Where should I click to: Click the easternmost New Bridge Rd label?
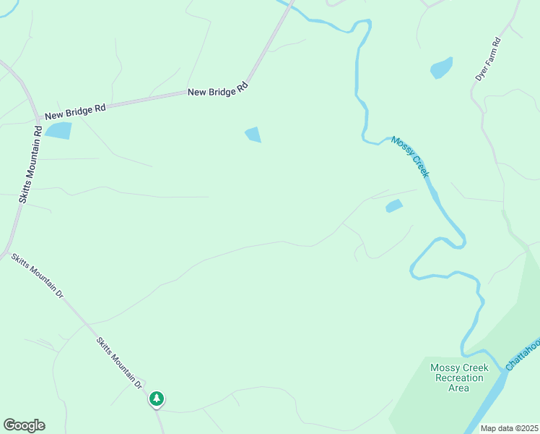click(x=217, y=91)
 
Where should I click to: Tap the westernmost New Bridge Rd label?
click(x=75, y=111)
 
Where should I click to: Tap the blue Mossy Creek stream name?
click(x=410, y=156)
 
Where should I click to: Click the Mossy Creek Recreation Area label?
click(x=459, y=378)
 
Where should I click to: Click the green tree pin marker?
click(x=157, y=399)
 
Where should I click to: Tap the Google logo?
click(x=24, y=425)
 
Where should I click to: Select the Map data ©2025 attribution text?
click(x=509, y=428)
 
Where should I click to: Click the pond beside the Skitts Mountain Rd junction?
click(x=58, y=130)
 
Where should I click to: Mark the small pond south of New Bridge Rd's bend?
click(x=253, y=135)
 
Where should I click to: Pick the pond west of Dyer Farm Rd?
click(x=441, y=68)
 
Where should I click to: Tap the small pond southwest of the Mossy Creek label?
click(x=393, y=206)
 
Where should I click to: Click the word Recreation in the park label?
click(x=459, y=378)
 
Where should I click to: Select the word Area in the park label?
click(x=459, y=388)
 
